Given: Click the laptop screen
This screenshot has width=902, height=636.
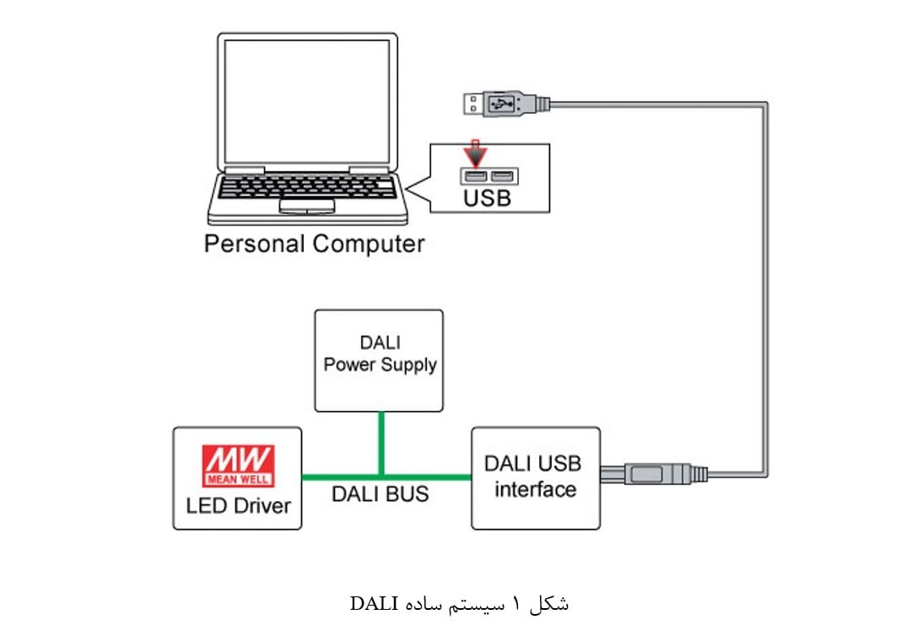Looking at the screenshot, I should (x=307, y=99).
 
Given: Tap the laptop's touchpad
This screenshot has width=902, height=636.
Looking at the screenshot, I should (x=306, y=206).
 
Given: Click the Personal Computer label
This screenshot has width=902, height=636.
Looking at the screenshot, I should (x=314, y=245).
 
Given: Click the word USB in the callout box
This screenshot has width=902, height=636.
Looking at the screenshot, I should (x=488, y=199).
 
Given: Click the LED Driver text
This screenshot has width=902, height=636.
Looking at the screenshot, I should (x=238, y=505).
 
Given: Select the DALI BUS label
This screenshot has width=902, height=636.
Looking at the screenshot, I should (x=380, y=493).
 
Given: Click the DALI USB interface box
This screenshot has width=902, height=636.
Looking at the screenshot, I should (x=536, y=477).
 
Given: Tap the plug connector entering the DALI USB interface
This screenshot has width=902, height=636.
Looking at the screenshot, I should (x=654, y=474).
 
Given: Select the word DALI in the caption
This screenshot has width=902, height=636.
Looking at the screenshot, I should (x=370, y=604).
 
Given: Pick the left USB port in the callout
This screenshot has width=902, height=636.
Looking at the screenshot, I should (x=475, y=176).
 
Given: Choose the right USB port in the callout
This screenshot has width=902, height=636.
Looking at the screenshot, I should (x=504, y=176).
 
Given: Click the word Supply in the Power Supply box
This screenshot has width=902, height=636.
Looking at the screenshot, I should (x=410, y=365).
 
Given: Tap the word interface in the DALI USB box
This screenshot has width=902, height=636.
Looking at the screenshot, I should (x=535, y=489).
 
